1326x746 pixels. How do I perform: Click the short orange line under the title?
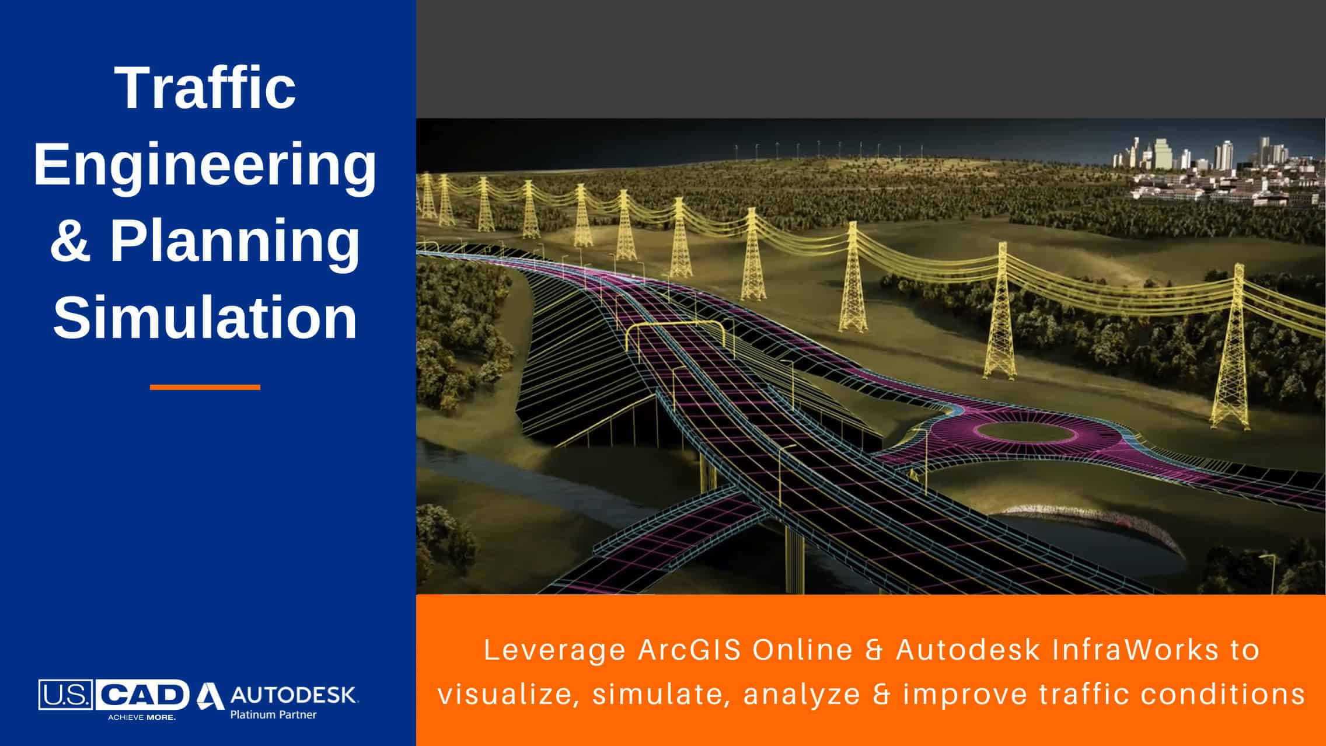(205, 387)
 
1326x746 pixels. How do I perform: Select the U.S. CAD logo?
(114, 699)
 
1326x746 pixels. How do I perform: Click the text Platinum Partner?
(274, 714)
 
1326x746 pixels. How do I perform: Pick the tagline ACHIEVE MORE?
(142, 717)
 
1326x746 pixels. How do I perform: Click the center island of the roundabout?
(1025, 433)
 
